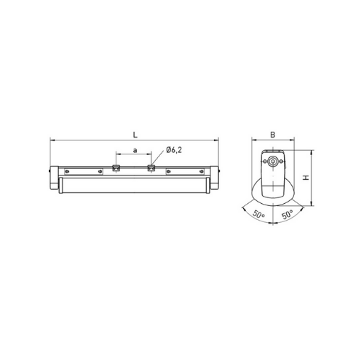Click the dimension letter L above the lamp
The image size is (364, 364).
135,135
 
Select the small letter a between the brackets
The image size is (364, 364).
135,151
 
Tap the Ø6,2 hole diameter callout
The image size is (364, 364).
174,150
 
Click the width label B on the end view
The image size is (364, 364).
273,135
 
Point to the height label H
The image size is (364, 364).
306,178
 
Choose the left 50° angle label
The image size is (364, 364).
258,214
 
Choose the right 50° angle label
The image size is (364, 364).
288,215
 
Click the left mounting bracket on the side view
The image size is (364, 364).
116,168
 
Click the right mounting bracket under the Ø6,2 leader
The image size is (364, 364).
151,168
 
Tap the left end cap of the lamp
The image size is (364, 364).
55,178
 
